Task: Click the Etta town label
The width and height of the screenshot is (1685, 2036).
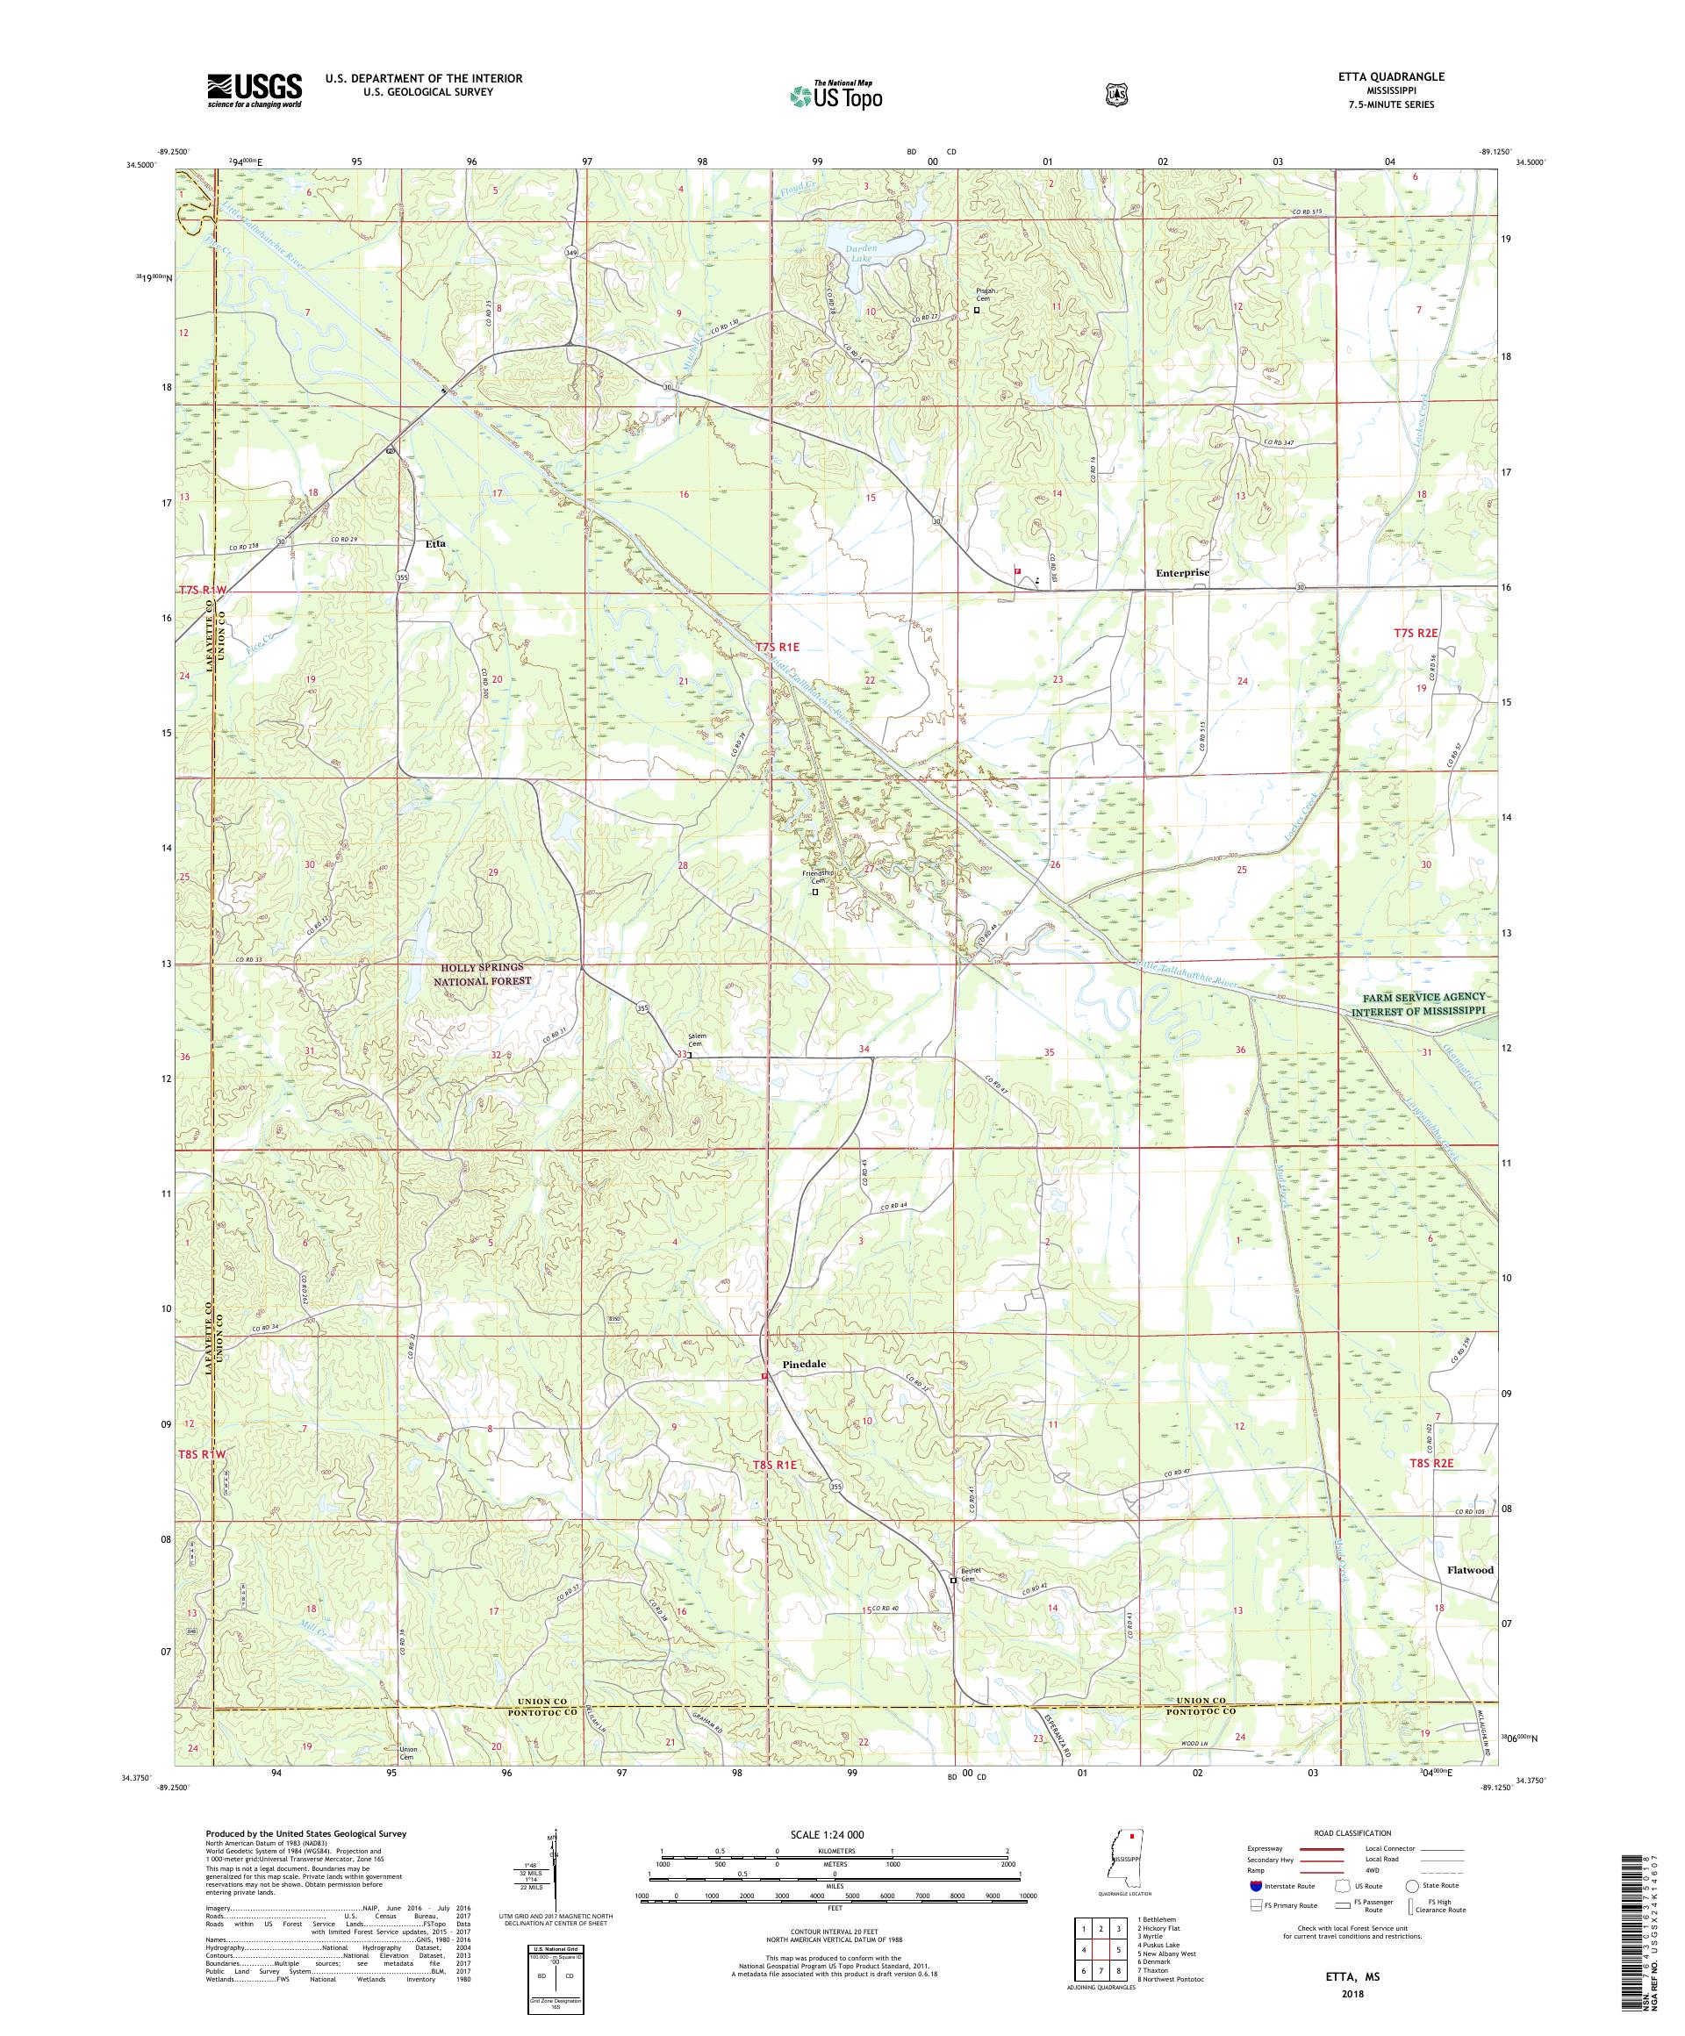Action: (x=435, y=544)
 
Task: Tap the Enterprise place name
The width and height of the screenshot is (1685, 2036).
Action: (x=1182, y=572)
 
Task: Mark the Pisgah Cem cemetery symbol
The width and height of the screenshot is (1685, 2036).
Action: (x=976, y=311)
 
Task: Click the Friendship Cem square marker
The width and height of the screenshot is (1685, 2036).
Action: (x=815, y=891)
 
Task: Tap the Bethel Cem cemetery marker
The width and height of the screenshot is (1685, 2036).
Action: (x=953, y=1607)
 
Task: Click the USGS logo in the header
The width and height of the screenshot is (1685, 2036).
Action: (x=254, y=91)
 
